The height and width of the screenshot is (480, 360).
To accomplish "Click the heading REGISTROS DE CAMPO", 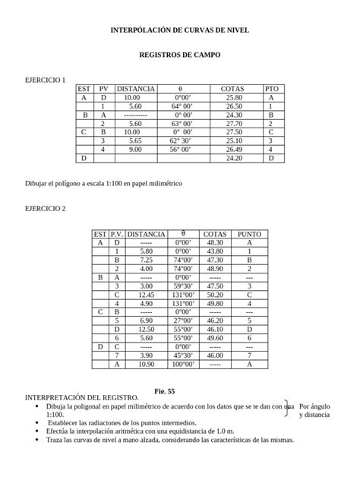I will tap(179, 55).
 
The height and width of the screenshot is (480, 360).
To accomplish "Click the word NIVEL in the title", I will tap(235, 30).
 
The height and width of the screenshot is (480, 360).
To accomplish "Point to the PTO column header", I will tap(272, 89).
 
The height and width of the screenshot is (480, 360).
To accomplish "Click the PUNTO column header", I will tap(249, 234).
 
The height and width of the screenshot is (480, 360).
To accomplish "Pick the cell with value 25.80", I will tap(233, 98).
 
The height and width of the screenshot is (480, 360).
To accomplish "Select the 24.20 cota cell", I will tap(233, 158).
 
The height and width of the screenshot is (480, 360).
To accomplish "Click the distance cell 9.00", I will tap(135, 150).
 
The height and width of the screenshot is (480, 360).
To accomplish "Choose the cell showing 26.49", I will tap(233, 150).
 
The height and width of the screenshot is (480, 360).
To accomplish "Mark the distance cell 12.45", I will tap(147, 294).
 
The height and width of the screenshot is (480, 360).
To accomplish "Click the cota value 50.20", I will tap(215, 294).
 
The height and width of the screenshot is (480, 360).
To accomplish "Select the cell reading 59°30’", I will tap(184, 286).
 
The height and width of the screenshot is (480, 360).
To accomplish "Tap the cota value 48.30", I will tap(215, 242).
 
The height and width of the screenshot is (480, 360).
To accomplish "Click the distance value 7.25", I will tap(147, 260).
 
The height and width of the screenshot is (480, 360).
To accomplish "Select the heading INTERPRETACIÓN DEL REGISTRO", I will tap(82, 397).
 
